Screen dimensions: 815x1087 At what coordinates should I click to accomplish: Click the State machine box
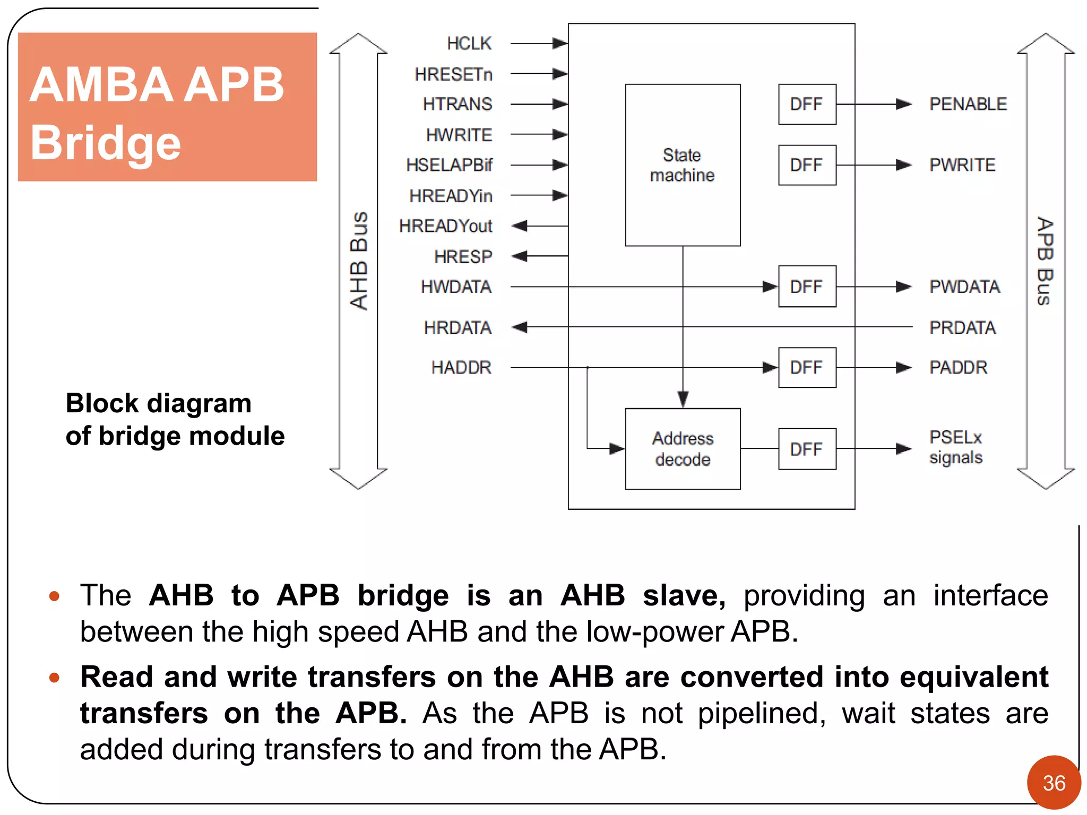tap(683, 165)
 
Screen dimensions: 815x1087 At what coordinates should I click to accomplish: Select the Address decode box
tap(683, 449)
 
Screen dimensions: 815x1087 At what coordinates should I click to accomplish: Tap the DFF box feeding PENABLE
tap(807, 104)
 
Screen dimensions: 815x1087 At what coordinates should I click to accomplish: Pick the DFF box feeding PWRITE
tap(807, 165)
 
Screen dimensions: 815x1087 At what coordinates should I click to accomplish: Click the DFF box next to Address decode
tap(807, 449)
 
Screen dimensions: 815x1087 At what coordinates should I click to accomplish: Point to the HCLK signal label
tap(469, 44)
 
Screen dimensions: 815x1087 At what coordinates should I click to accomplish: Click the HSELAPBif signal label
tap(449, 165)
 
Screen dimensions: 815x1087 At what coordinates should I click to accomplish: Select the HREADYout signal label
tap(445, 226)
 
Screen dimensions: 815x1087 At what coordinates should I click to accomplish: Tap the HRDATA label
tap(458, 328)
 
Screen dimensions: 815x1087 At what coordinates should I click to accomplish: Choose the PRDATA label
tap(962, 328)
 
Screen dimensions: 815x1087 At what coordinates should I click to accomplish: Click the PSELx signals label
tap(955, 447)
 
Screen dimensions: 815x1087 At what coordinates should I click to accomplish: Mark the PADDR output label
tap(958, 368)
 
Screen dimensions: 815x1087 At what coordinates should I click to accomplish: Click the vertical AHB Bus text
tap(359, 261)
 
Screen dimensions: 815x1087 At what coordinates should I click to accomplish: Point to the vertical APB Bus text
tap(1045, 261)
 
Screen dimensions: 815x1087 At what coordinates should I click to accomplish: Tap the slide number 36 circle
tap(1054, 783)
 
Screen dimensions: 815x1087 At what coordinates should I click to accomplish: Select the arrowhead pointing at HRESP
tap(520, 256)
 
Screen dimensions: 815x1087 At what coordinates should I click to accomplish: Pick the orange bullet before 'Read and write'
tap(54, 678)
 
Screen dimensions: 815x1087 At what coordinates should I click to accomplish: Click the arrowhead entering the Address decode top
tap(683, 399)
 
